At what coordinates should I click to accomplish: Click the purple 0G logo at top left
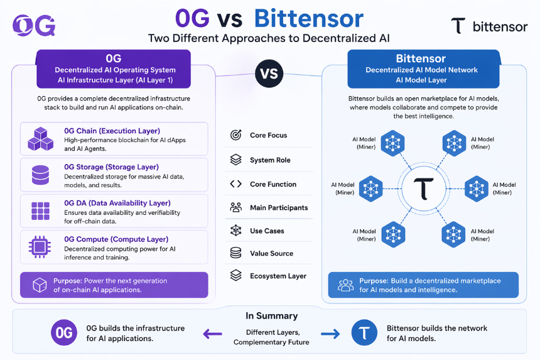pyautogui.click(x=34, y=25)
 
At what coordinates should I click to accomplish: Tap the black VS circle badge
pyautogui.click(x=269, y=74)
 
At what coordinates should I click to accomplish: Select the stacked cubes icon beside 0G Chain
pyautogui.click(x=41, y=139)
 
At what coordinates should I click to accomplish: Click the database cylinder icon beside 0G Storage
pyautogui.click(x=40, y=175)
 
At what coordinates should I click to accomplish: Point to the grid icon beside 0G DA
pyautogui.click(x=40, y=211)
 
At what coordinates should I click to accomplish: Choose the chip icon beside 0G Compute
pyautogui.click(x=40, y=247)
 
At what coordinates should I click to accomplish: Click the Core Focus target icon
pyautogui.click(x=236, y=134)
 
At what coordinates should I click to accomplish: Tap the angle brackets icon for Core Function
pyautogui.click(x=236, y=184)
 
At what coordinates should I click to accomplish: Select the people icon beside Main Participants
pyautogui.click(x=236, y=207)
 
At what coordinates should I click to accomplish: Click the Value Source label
pyautogui.click(x=272, y=254)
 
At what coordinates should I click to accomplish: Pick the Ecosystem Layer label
pyautogui.click(x=278, y=276)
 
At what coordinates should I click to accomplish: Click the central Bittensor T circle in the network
pyautogui.click(x=423, y=188)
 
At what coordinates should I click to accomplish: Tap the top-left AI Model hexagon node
pyautogui.click(x=392, y=143)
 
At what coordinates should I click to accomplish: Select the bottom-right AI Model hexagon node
pyautogui.click(x=453, y=234)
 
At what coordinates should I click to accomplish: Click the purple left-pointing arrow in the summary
pyautogui.click(x=212, y=334)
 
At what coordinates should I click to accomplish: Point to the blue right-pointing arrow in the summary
pyautogui.click(x=330, y=334)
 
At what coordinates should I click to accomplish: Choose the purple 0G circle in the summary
pyautogui.click(x=64, y=333)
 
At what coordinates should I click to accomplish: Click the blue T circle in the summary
pyautogui.click(x=364, y=333)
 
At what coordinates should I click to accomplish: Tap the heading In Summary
pyautogui.click(x=271, y=316)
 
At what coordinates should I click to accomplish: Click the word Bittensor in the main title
pyautogui.click(x=309, y=18)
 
